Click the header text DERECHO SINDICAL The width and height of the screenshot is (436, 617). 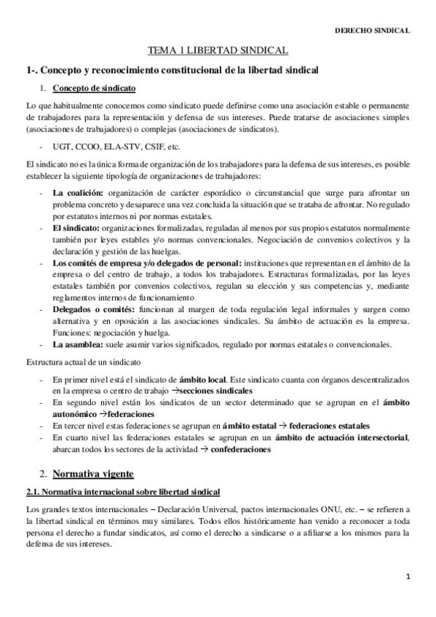(372, 31)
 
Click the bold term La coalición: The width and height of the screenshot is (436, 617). (79, 192)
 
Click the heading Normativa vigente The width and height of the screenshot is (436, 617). (93, 474)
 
